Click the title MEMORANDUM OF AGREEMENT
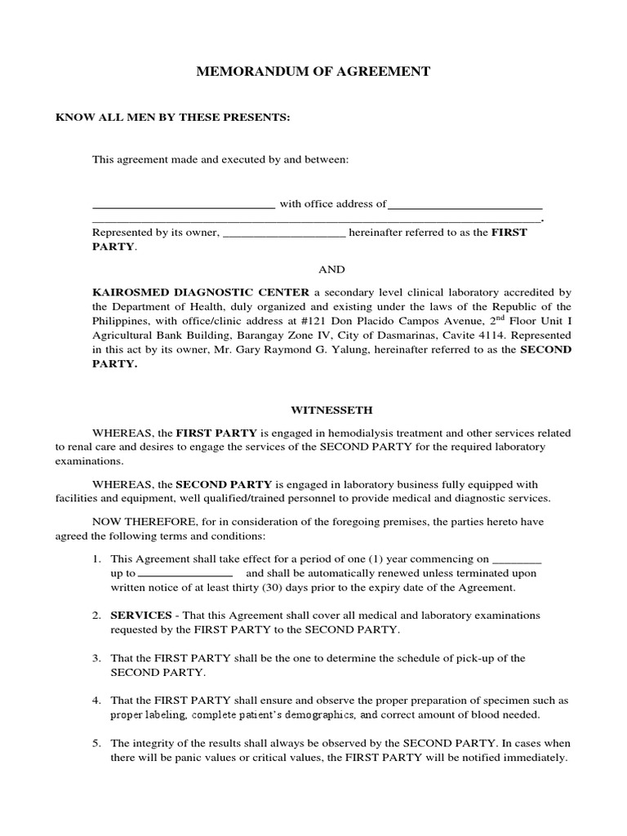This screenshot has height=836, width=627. [313, 72]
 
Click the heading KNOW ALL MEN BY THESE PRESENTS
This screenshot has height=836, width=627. [172, 118]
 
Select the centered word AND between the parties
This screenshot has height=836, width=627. [331, 269]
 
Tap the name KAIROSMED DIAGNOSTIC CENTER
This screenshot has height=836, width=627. [201, 291]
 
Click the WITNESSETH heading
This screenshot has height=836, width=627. [331, 410]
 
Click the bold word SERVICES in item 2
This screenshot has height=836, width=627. [140, 615]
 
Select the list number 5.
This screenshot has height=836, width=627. [96, 744]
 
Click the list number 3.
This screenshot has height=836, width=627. [96, 658]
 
